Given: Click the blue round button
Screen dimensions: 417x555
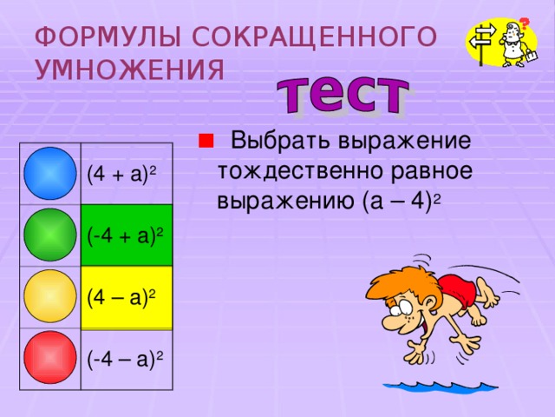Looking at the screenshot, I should [51, 175].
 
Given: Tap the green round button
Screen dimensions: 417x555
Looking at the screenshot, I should [51, 235].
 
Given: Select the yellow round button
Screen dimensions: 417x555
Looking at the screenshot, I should [51, 296].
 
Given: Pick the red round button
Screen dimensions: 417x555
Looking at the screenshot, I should [51, 357].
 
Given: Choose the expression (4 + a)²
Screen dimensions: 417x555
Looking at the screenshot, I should [121, 175].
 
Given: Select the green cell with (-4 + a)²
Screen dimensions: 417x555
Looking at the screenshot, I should [127, 235].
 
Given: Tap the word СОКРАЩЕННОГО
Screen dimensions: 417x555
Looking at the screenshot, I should [312, 36].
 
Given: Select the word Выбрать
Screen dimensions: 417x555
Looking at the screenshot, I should [281, 141].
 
